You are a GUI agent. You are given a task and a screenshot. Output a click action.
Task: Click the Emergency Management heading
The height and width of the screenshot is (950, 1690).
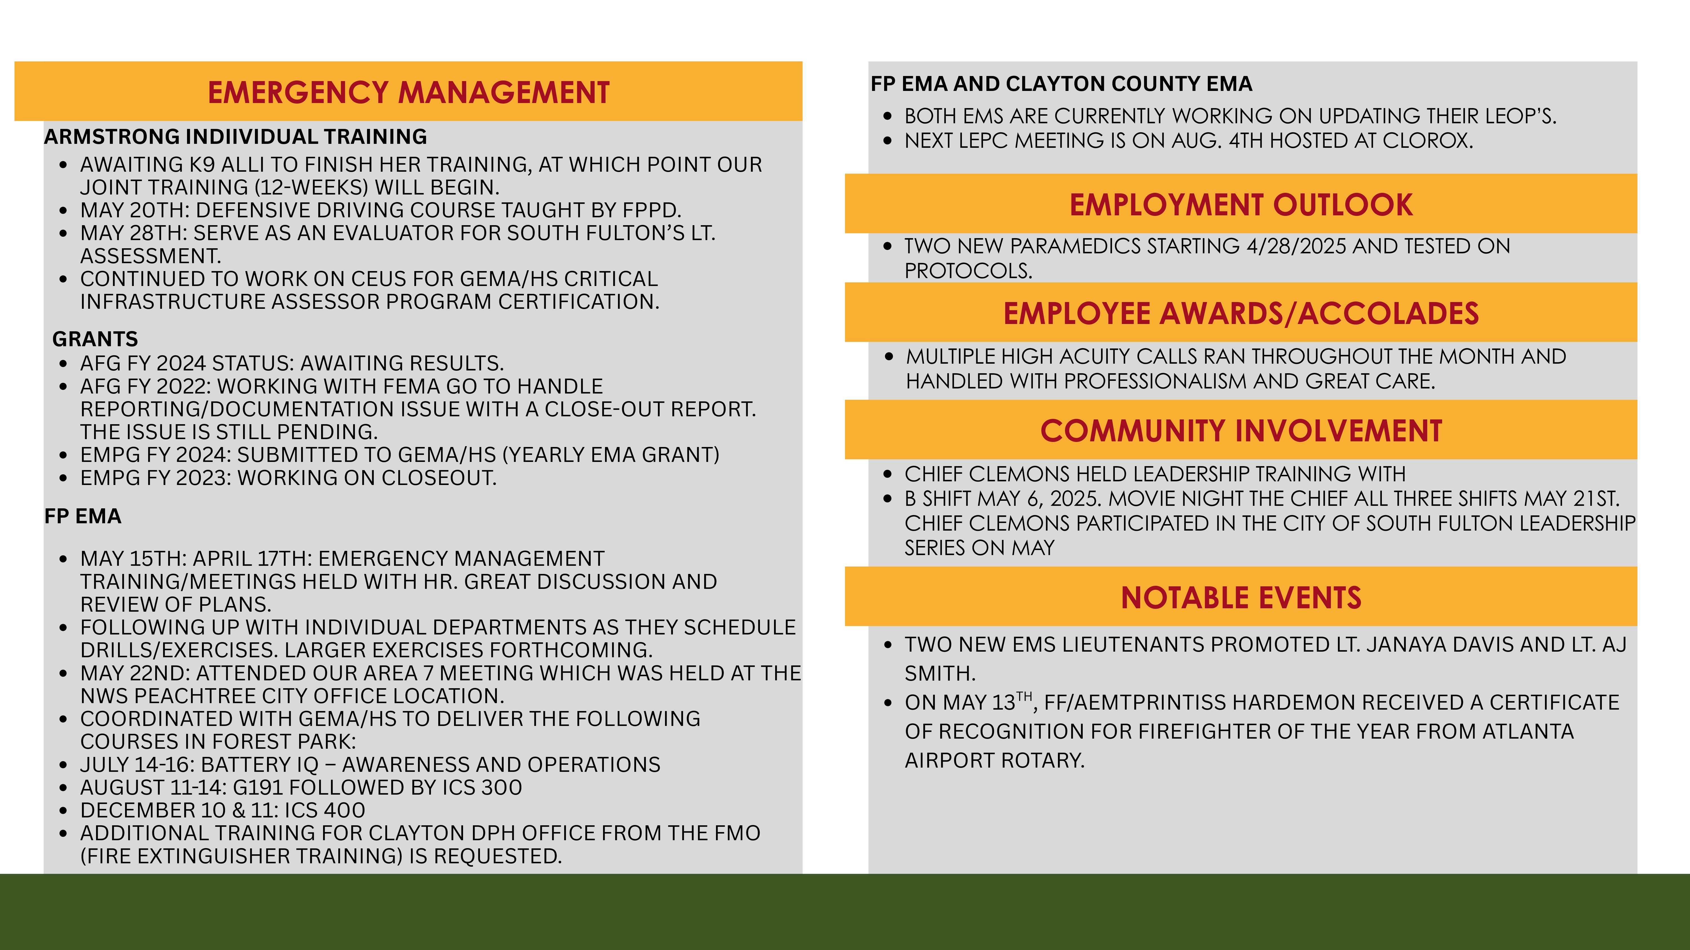(408, 92)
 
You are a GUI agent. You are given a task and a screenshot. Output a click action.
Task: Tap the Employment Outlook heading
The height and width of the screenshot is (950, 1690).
(1241, 205)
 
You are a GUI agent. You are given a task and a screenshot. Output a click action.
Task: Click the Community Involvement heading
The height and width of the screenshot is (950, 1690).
(1241, 431)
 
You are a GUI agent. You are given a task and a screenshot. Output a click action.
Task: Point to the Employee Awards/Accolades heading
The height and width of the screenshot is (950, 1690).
(1241, 313)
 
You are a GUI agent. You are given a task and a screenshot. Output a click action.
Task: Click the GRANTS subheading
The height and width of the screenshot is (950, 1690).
(95, 339)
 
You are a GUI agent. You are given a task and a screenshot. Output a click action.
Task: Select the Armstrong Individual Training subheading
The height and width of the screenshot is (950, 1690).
(235, 136)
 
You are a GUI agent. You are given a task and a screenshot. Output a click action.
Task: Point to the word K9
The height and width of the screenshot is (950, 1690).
(201, 165)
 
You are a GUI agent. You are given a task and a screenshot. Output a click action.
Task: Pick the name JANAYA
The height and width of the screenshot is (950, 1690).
(1407, 645)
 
